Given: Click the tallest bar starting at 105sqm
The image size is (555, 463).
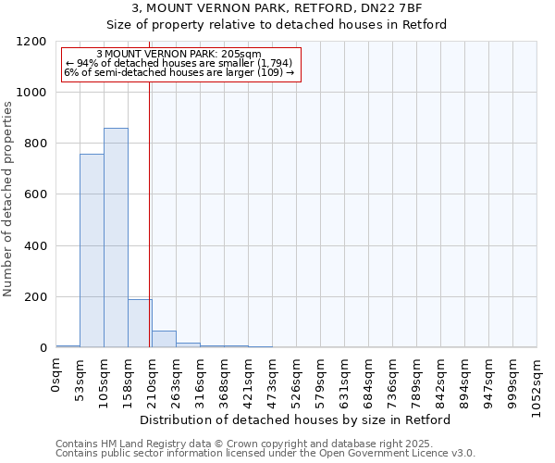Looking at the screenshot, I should [116, 238].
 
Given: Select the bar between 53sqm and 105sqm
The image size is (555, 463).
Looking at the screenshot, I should [92, 251].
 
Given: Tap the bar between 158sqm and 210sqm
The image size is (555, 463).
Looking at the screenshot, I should [140, 323].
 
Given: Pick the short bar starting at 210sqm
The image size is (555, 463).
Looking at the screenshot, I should [164, 339].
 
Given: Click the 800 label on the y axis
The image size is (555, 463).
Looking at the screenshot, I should [35, 144].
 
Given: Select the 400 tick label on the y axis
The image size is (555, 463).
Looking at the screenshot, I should [35, 246].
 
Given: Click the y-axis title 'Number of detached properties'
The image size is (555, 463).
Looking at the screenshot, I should [8, 200].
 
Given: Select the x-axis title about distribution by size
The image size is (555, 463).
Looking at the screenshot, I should [301, 419].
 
